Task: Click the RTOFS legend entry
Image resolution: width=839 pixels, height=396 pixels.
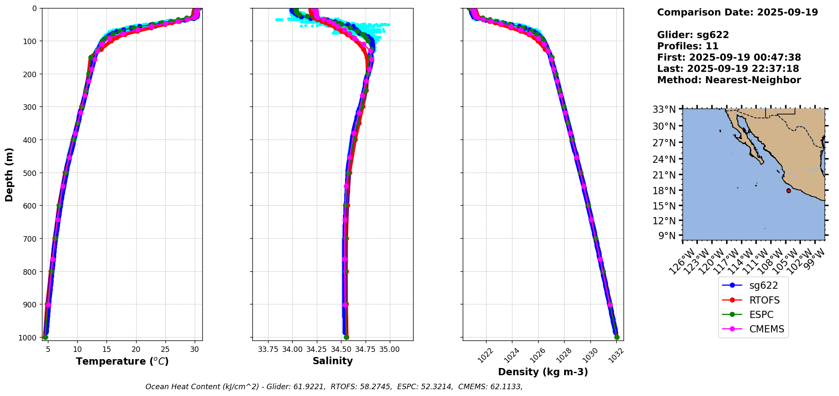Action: click(764, 300)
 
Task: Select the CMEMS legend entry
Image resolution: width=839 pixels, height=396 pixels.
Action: click(766, 329)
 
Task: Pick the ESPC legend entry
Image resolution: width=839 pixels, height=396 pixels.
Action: click(761, 315)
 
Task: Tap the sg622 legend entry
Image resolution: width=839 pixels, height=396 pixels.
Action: click(763, 285)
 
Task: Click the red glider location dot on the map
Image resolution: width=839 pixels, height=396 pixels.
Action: click(789, 191)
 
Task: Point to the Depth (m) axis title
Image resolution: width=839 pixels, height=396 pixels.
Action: click(9, 175)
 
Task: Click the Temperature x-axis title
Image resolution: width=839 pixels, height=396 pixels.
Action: click(122, 361)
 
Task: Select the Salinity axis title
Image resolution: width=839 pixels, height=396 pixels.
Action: click(333, 361)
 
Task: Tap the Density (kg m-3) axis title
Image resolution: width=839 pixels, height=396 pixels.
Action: click(543, 372)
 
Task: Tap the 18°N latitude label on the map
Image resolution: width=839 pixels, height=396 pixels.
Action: click(664, 191)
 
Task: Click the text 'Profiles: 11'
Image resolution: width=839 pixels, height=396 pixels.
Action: click(688, 46)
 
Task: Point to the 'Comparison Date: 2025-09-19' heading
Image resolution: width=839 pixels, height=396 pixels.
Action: click(737, 12)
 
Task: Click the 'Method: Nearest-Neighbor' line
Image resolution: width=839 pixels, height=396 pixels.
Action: click(729, 80)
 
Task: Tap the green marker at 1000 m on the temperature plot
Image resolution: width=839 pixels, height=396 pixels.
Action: click(45, 337)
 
